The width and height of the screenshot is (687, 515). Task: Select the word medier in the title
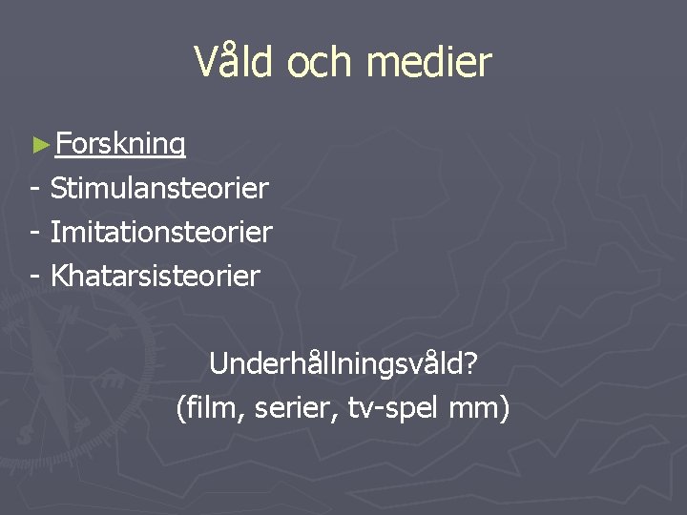point(428,63)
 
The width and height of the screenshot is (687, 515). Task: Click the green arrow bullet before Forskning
point(39,145)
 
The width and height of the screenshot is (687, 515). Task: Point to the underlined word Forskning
point(120,144)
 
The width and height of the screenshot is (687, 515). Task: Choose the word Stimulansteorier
point(159,188)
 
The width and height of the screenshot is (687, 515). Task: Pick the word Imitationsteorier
point(161,232)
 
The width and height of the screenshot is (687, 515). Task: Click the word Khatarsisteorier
point(155,277)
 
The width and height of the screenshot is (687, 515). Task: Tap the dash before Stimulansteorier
point(35,189)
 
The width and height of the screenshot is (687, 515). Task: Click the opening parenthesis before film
point(181,409)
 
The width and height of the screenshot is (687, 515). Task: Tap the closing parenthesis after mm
point(505,409)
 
